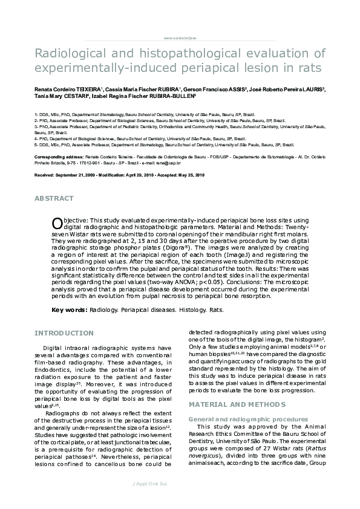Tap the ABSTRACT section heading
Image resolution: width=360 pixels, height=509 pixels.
(x=54, y=198)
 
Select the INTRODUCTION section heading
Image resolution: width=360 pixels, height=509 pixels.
(x=64, y=333)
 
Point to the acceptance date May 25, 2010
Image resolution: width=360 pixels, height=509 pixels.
(x=190, y=174)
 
